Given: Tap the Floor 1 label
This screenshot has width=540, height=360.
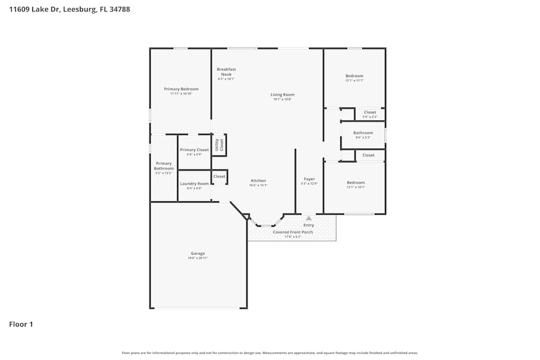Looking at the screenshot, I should pyautogui.click(x=21, y=324).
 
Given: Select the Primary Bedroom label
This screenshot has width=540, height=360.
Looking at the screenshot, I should pyautogui.click(x=181, y=89).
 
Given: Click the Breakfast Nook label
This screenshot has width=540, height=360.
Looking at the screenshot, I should pyautogui.click(x=226, y=72).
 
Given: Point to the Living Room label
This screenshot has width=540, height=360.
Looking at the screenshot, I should pyautogui.click(x=282, y=95).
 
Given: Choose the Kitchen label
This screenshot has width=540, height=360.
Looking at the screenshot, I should pyautogui.click(x=258, y=181).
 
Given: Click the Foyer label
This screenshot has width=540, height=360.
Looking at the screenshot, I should pyautogui.click(x=309, y=179).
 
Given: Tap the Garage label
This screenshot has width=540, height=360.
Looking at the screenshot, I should pyautogui.click(x=198, y=254).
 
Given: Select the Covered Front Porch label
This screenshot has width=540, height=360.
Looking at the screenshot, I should pyautogui.click(x=293, y=232).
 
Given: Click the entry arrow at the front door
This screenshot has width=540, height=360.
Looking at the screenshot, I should pyautogui.click(x=309, y=218).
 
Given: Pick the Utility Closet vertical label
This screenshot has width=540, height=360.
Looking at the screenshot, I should pyautogui.click(x=219, y=145).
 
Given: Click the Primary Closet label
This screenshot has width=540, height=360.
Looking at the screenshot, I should pyautogui.click(x=194, y=150).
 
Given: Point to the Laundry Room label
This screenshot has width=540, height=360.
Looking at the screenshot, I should pyautogui.click(x=194, y=184).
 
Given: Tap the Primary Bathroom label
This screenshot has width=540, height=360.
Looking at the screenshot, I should pyautogui.click(x=164, y=166).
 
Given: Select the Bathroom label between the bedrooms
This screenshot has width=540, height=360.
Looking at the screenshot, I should pyautogui.click(x=363, y=133).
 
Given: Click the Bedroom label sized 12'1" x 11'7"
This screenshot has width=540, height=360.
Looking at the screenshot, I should pyautogui.click(x=354, y=76).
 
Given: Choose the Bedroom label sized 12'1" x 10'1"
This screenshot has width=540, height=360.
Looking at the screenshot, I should pyautogui.click(x=355, y=182).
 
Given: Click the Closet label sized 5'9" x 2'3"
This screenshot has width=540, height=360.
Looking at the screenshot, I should pyautogui.click(x=370, y=112).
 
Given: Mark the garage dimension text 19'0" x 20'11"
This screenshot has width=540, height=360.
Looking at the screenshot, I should pyautogui.click(x=198, y=259).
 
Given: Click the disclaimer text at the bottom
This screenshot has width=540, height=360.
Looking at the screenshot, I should pyautogui.click(x=270, y=353).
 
